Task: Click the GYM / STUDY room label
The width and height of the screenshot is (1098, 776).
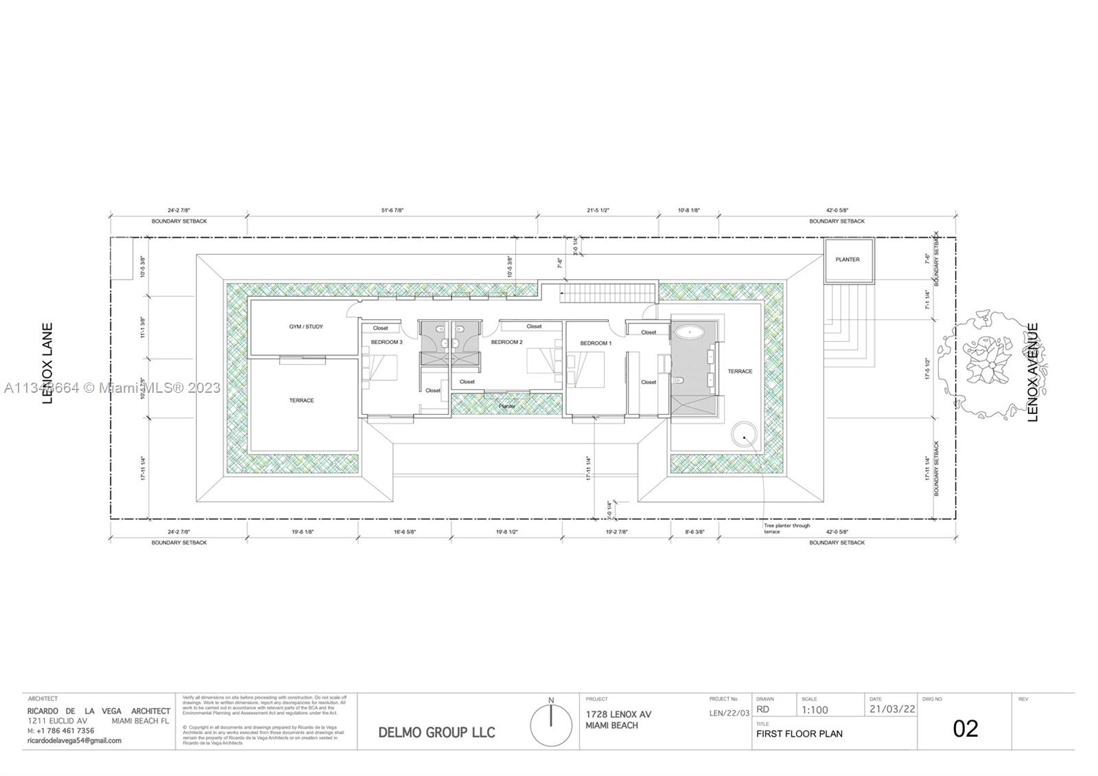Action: [305, 327]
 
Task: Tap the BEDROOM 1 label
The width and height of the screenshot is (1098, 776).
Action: [596, 343]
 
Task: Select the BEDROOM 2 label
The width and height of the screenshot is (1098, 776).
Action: [506, 342]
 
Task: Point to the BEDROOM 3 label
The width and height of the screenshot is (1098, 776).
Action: [387, 342]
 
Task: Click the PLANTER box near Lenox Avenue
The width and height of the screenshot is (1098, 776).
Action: [848, 260]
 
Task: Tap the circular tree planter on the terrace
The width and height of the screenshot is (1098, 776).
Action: [744, 434]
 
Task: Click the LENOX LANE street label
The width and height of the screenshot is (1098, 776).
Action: [47, 363]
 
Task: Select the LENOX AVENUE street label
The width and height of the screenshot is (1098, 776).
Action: [1033, 372]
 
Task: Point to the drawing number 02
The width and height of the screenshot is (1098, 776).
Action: [965, 729]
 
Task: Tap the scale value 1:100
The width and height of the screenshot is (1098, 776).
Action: [815, 710]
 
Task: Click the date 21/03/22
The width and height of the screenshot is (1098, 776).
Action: [892, 709]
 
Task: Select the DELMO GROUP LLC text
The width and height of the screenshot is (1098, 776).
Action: [436, 732]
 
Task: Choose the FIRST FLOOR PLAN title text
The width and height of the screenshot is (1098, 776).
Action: [799, 733]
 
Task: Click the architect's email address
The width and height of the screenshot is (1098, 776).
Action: [74, 740]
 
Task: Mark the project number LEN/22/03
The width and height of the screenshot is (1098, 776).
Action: [729, 714]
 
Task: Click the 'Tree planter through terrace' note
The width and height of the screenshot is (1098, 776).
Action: [786, 529]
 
